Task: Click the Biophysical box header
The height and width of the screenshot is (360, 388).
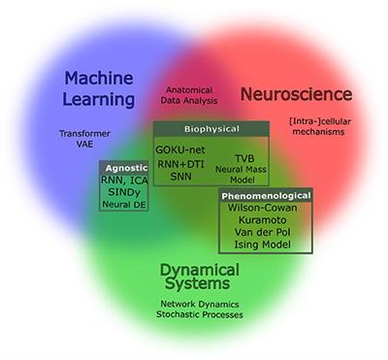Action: click(x=210, y=128)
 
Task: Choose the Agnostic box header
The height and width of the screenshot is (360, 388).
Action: click(x=123, y=166)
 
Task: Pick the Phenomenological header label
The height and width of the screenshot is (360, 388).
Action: click(x=265, y=195)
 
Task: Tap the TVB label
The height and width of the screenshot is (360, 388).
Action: click(x=242, y=157)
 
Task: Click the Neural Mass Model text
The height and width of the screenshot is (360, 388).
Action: click(x=242, y=176)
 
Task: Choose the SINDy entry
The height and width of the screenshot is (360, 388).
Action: click(x=122, y=192)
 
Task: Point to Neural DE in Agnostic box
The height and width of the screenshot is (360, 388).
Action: click(x=123, y=206)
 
